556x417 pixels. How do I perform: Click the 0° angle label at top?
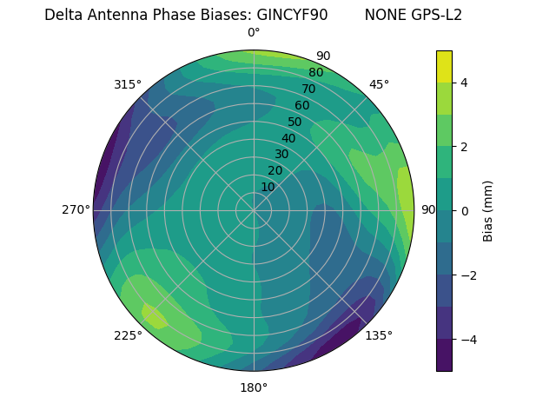(254, 33)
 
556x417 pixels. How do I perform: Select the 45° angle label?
(379, 84)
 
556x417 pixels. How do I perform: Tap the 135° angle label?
(379, 335)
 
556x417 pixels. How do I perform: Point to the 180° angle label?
(254, 387)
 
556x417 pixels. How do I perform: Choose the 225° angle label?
(128, 336)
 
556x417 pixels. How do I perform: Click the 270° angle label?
(76, 209)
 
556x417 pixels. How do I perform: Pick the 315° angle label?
(128, 84)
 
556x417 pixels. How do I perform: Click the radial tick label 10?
(268, 187)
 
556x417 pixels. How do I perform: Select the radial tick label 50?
(295, 122)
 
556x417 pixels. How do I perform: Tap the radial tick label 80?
(316, 72)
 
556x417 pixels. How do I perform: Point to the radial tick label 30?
(281, 155)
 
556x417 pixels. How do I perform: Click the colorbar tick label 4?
(465, 83)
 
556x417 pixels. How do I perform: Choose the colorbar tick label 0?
(465, 211)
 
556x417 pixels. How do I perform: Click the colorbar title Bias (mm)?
(488, 210)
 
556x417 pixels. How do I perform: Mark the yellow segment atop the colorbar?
(444, 66)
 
